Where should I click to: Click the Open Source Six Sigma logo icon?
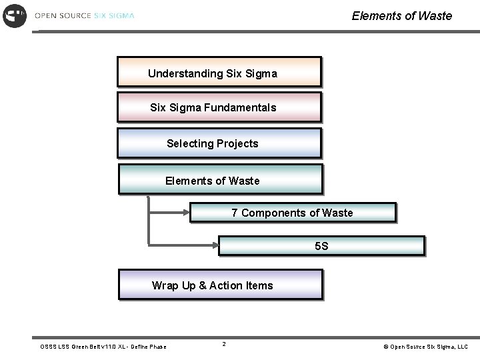click(15, 15)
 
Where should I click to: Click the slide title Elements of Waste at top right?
click(401, 16)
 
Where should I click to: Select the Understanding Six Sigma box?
click(219, 72)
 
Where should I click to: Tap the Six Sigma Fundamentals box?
click(219, 107)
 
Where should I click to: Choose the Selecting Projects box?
click(219, 143)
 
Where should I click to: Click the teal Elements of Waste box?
click(220, 179)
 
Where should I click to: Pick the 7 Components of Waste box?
click(293, 213)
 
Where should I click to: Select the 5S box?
click(321, 245)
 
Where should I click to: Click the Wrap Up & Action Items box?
click(220, 285)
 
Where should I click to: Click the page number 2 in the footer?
click(224, 344)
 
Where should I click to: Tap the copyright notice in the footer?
click(425, 347)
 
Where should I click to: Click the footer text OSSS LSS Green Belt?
click(103, 347)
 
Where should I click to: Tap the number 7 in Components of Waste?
click(235, 213)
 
